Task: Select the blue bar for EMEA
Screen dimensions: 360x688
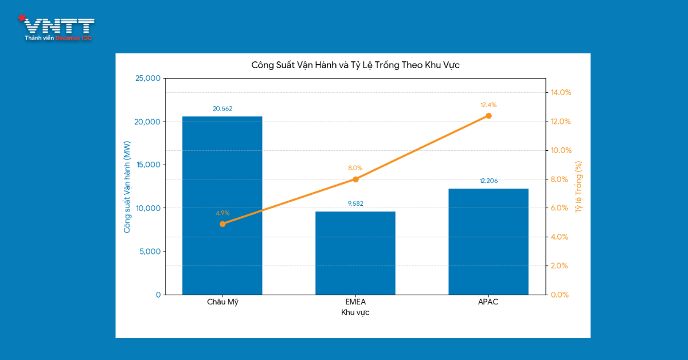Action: point(355,253)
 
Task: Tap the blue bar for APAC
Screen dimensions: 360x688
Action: point(488,241)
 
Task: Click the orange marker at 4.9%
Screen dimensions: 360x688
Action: point(222,224)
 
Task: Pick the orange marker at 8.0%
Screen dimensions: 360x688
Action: point(355,179)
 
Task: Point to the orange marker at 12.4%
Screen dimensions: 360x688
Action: point(488,116)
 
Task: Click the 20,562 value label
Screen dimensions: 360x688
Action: point(222,108)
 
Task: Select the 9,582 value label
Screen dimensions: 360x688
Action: point(355,204)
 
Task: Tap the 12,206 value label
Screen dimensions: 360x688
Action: point(488,181)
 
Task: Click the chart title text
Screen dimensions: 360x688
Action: point(355,65)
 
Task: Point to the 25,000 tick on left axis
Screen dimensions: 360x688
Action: point(147,78)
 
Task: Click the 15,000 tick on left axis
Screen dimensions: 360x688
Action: point(147,165)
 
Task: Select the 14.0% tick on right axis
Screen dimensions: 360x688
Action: point(561,92)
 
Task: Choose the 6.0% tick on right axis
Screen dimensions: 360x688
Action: point(561,208)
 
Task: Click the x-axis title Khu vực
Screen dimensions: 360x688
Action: point(355,312)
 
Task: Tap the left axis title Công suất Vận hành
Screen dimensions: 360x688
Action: point(127,186)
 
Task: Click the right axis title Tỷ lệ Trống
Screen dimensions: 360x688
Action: point(578,186)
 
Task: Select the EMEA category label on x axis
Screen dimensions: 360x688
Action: point(355,302)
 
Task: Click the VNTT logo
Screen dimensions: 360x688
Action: point(57,28)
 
